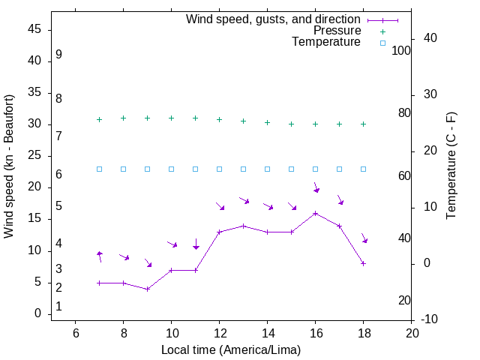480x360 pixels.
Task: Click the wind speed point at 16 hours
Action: coord(316,213)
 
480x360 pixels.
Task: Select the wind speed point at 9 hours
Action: coord(148,289)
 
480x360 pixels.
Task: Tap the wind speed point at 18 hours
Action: coord(364,263)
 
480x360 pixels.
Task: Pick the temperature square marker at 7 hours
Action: coord(100,169)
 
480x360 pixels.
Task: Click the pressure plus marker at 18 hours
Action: coord(364,124)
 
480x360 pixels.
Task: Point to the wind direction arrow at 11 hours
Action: coord(196,244)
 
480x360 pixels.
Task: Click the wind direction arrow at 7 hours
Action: coord(100,256)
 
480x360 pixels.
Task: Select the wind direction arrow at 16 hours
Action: coord(316,187)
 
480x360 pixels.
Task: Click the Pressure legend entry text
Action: coord(337,31)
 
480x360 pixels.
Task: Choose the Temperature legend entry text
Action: coord(326,42)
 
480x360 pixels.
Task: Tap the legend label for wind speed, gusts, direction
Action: coord(274,19)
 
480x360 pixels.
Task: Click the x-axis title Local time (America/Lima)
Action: coord(231,349)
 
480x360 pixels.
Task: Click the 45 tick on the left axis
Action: coord(34,30)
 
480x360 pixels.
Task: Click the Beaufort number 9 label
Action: coord(58,55)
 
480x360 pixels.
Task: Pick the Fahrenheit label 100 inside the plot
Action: coord(401,51)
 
